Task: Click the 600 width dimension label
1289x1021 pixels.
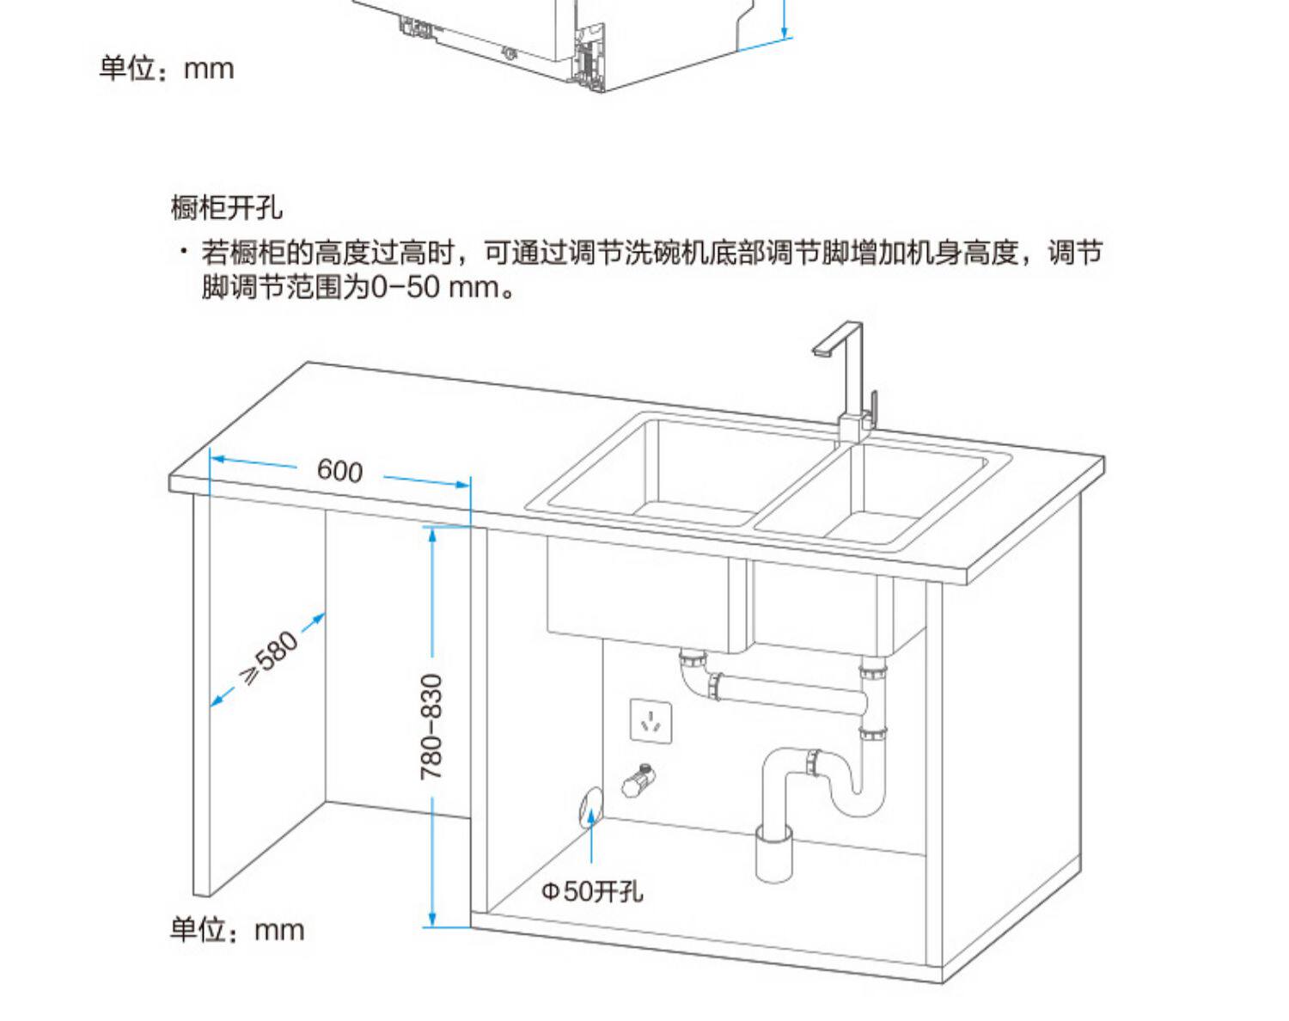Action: pyautogui.click(x=340, y=470)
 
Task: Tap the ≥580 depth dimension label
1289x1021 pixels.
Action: pyautogui.click(x=270, y=658)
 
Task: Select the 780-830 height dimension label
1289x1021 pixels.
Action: pyautogui.click(x=431, y=727)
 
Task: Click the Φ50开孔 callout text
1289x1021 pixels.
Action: pyautogui.click(x=591, y=891)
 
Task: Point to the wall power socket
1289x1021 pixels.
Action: pyautogui.click(x=651, y=721)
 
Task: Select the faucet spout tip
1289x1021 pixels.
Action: pyautogui.click(x=820, y=352)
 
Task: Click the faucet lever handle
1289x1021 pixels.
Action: pyautogui.click(x=874, y=409)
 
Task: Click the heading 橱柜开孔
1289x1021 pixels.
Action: pyautogui.click(x=226, y=208)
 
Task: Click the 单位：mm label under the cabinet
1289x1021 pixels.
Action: pyautogui.click(x=237, y=930)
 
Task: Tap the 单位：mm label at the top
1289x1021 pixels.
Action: pyautogui.click(x=166, y=68)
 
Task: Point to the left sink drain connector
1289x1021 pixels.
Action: pyautogui.click(x=693, y=663)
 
